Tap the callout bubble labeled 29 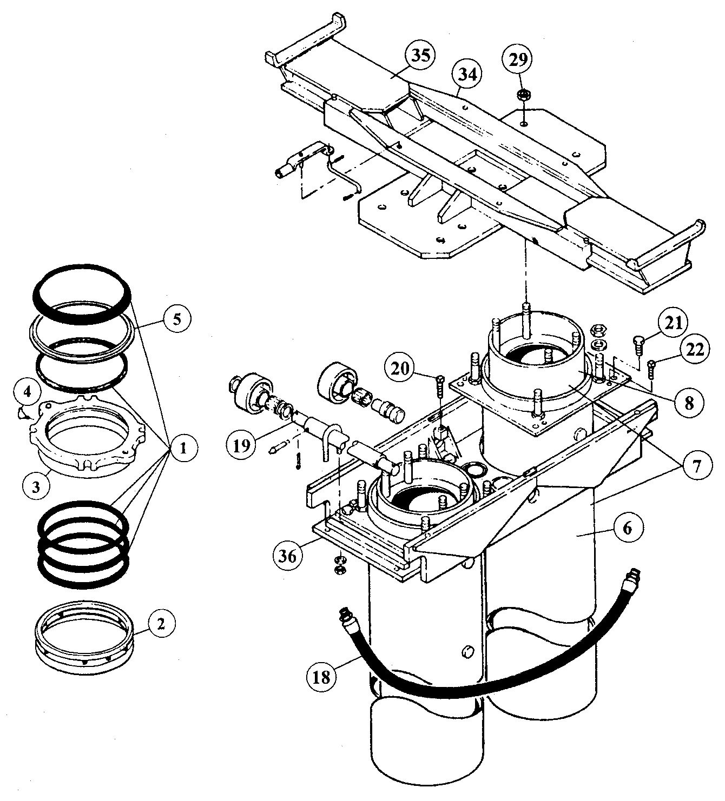tap(518, 60)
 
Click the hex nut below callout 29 tap(523, 95)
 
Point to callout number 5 tap(176, 319)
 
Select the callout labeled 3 tap(36, 486)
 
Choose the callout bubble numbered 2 tap(160, 624)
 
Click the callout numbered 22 tap(694, 350)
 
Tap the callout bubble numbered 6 tap(627, 528)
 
